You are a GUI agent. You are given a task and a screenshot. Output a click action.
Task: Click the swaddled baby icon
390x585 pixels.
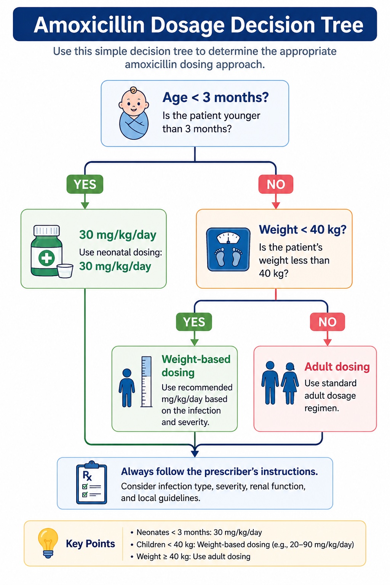click(x=134, y=113)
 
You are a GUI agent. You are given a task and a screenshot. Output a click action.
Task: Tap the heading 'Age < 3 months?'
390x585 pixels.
click(x=216, y=97)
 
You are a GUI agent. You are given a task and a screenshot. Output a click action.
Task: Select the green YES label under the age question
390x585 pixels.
click(x=85, y=184)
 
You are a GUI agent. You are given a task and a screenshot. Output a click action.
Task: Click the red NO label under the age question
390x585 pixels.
click(x=276, y=184)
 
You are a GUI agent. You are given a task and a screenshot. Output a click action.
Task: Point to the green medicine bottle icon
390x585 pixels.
click(x=47, y=251)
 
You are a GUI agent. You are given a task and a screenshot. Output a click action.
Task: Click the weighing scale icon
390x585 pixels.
click(x=228, y=249)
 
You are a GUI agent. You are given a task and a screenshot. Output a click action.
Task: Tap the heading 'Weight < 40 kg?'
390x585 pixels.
click(x=302, y=230)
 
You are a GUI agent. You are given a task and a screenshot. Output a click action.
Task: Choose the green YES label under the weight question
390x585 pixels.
click(x=194, y=322)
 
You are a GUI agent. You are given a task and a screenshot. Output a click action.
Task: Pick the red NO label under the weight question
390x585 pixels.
click(x=327, y=322)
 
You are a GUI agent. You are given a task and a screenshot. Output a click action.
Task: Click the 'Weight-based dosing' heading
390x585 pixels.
click(x=196, y=366)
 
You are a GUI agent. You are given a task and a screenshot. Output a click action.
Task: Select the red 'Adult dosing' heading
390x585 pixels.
click(x=337, y=367)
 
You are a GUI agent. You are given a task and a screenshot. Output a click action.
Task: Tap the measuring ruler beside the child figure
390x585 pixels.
click(x=147, y=382)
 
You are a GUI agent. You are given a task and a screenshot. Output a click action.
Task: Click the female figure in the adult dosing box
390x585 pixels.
click(x=290, y=383)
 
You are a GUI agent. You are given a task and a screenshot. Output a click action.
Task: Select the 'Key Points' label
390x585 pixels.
click(x=90, y=543)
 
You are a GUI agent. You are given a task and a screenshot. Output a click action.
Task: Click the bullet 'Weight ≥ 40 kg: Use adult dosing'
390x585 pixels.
click(x=190, y=556)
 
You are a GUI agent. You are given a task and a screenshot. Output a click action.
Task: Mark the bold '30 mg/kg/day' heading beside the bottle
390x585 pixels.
click(x=118, y=235)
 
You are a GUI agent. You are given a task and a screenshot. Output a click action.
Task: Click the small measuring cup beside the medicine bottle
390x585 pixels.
click(x=65, y=271)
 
